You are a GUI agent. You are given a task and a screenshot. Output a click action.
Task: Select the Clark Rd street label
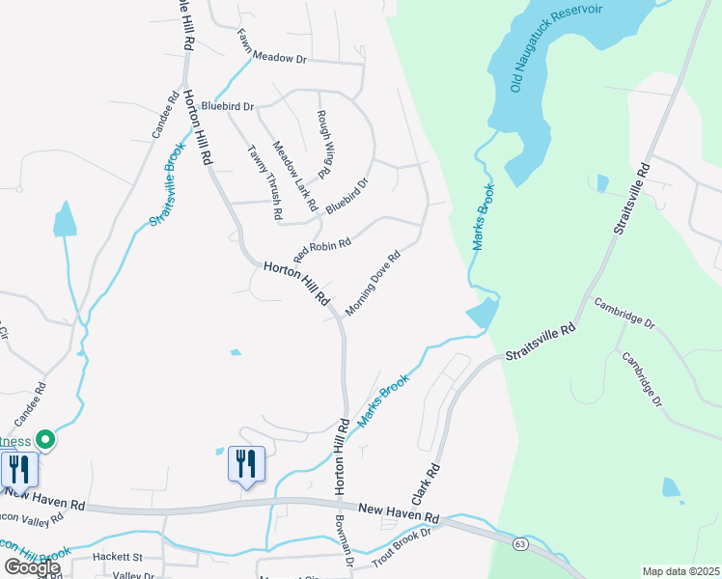(x=427, y=484)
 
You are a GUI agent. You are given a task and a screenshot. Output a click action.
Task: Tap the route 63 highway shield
(x=520, y=545)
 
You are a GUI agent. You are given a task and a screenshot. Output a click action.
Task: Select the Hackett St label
(x=117, y=557)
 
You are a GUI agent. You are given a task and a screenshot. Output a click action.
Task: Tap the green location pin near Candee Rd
(x=44, y=440)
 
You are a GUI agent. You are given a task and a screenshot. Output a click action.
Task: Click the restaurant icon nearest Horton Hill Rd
(x=245, y=465)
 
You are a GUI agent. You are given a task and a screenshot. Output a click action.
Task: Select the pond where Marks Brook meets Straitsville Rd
(x=482, y=313)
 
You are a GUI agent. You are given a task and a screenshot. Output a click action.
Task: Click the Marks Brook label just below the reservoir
(x=484, y=217)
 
